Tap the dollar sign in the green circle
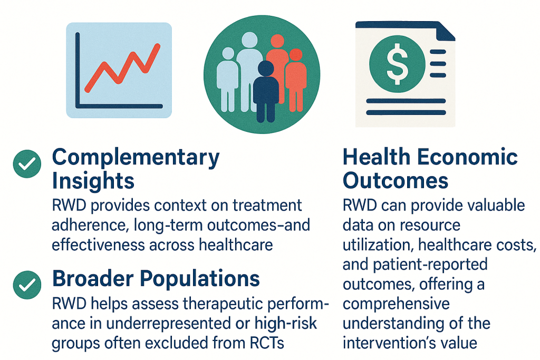[397, 64]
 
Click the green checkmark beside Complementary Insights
[27, 164]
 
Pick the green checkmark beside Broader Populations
[27, 285]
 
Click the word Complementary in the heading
[136, 158]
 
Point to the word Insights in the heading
[93, 181]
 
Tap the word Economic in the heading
[467, 157]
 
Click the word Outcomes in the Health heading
[396, 181]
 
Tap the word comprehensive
[397, 305]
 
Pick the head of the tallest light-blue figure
[249, 40]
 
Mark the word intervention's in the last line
[387, 343]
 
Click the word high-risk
[285, 324]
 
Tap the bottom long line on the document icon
[406, 113]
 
